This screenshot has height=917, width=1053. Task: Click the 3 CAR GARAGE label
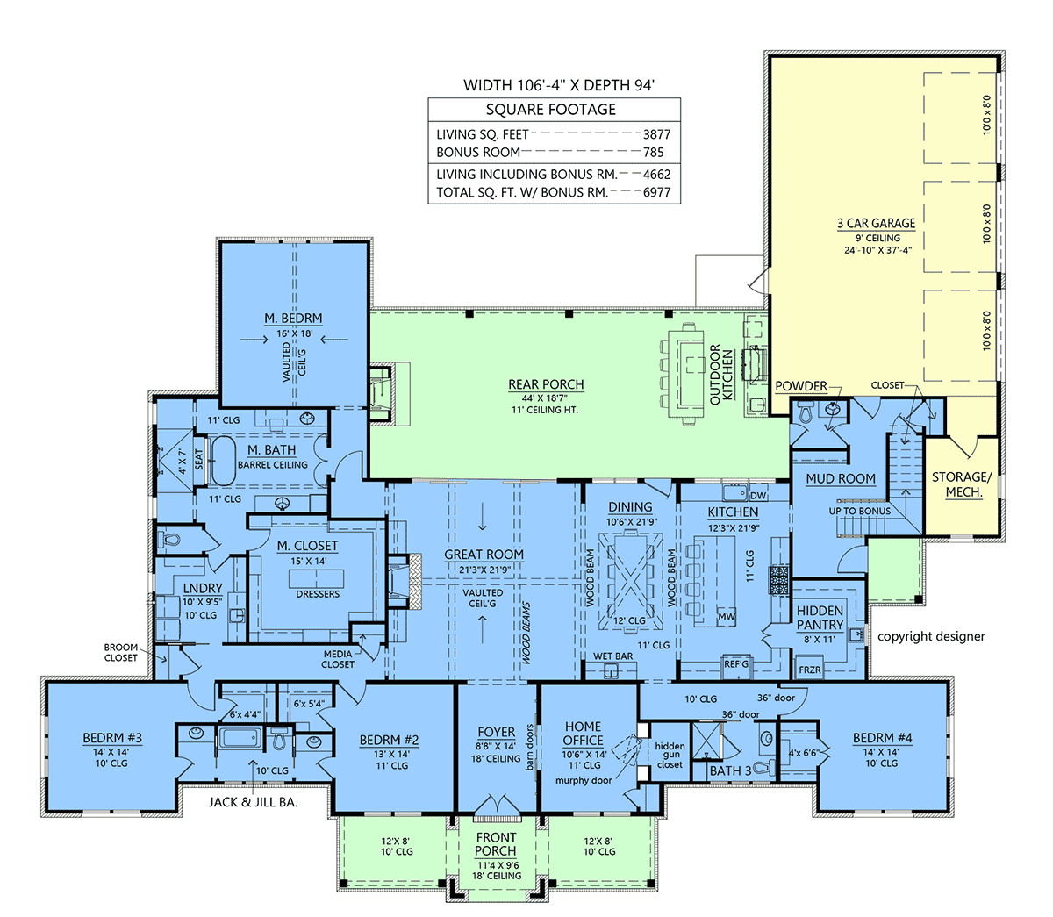pyautogui.click(x=876, y=224)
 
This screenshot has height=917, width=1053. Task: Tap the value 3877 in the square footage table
pyautogui.click(x=655, y=134)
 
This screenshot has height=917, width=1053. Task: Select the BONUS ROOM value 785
pyautogui.click(x=654, y=152)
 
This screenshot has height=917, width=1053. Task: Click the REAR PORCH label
pyautogui.click(x=546, y=384)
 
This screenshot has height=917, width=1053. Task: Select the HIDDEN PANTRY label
pyautogui.click(x=820, y=618)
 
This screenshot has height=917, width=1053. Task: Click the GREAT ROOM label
pyautogui.click(x=484, y=555)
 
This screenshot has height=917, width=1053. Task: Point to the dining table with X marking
pyautogui.click(x=630, y=580)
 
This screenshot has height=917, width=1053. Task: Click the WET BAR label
pyautogui.click(x=612, y=656)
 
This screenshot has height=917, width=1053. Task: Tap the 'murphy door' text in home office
pyautogui.click(x=584, y=780)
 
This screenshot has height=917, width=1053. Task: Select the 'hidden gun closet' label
pyautogui.click(x=670, y=756)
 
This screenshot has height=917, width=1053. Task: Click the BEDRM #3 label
pyautogui.click(x=112, y=738)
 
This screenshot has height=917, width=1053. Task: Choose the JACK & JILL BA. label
pyautogui.click(x=253, y=801)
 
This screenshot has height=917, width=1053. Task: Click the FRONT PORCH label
pyautogui.click(x=495, y=844)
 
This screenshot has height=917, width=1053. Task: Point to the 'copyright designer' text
pyautogui.click(x=931, y=636)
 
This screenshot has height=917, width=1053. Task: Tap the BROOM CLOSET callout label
pyautogui.click(x=121, y=653)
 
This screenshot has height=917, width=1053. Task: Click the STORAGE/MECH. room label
pyautogui.click(x=961, y=484)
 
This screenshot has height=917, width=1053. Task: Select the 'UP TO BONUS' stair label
pyautogui.click(x=859, y=511)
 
